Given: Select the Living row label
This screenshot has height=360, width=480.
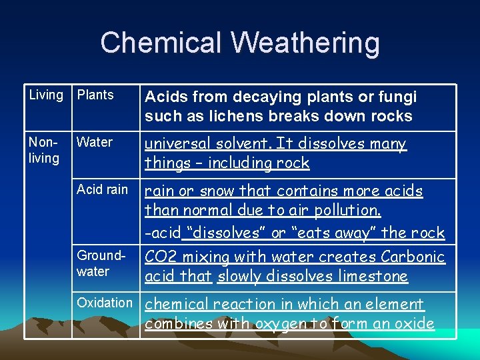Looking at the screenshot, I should pos(45,95).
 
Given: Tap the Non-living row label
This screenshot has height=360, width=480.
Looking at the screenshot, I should pos(44,150).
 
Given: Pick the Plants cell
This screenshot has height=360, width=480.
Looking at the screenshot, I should pos(95,95).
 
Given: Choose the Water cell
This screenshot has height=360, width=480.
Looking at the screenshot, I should pos(95,142).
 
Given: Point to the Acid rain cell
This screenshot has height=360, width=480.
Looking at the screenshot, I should pos(102,189).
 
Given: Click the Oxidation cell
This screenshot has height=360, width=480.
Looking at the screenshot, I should pos(105,303).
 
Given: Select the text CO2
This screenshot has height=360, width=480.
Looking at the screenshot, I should pos(160,257).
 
